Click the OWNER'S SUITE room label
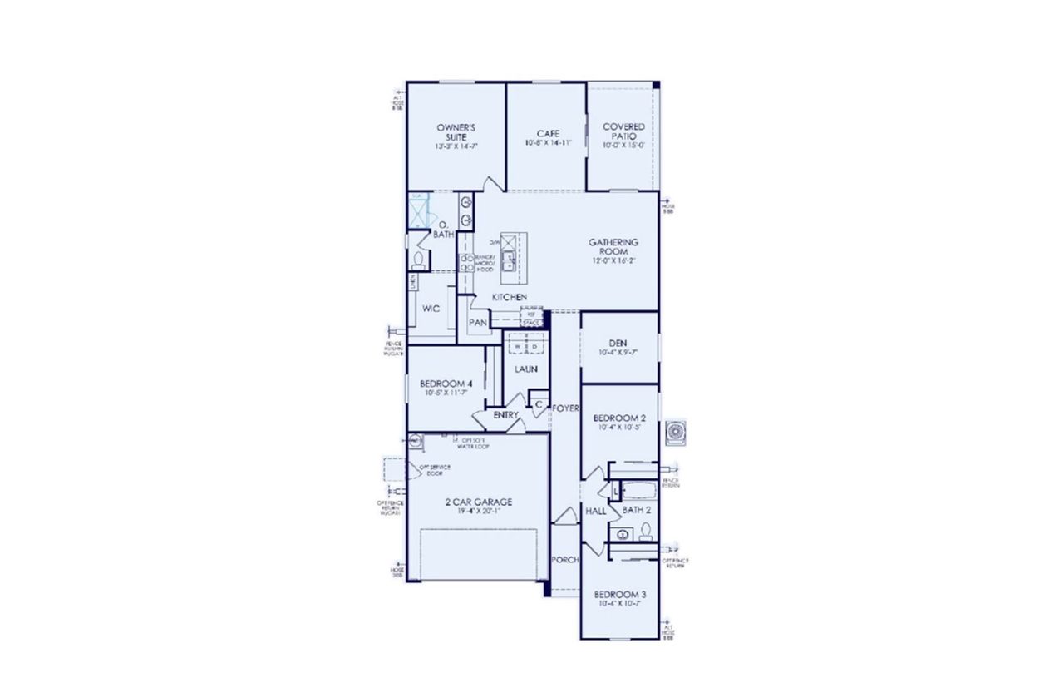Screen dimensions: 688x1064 pyautogui.click(x=456, y=132)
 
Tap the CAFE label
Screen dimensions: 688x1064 pyautogui.click(x=547, y=133)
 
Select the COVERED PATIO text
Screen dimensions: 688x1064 pyautogui.click(x=623, y=131)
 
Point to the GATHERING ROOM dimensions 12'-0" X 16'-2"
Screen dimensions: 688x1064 pyautogui.click(x=613, y=260)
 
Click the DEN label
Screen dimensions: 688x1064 pyautogui.click(x=618, y=341)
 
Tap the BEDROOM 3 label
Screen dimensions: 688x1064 pyautogui.click(x=619, y=595)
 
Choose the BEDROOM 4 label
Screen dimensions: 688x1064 pyautogui.click(x=446, y=383)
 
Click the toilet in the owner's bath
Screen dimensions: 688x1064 pyautogui.click(x=418, y=261)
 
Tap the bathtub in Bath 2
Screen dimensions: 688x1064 pyautogui.click(x=635, y=491)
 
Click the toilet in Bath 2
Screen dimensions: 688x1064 pyautogui.click(x=645, y=531)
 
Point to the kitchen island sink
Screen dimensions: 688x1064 pyautogui.click(x=509, y=256)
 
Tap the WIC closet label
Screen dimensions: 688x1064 pyautogui.click(x=431, y=308)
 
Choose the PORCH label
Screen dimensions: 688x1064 pyautogui.click(x=565, y=560)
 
